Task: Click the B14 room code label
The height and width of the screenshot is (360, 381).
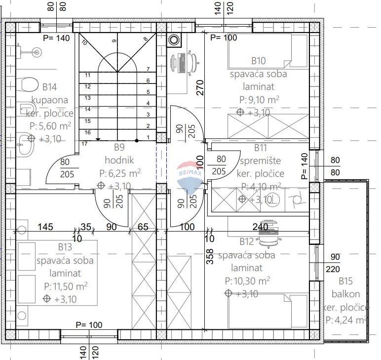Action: click(49, 87)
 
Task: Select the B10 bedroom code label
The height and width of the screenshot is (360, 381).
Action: click(259, 61)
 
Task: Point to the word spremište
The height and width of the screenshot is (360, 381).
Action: click(261, 160)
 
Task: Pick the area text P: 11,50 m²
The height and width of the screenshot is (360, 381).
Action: click(66, 286)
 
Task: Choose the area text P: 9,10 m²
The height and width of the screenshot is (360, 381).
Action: click(259, 100)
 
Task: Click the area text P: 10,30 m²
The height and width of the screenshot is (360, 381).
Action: click(247, 281)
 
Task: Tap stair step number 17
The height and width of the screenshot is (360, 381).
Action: click(84, 144)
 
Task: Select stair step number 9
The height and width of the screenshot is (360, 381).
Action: click(114, 40)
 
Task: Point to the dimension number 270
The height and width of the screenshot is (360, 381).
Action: click(200, 87)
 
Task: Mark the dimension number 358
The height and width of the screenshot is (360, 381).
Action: click(209, 258)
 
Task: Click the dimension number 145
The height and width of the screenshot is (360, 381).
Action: click(46, 227)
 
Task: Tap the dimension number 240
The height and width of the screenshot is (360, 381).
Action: click(260, 227)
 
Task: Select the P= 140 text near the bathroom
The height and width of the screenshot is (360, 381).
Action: click(56, 38)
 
